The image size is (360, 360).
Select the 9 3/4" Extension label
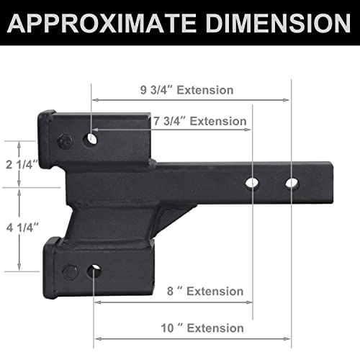[187, 91]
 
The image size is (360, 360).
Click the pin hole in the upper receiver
[91, 139]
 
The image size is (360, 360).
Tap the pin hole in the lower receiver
[94, 271]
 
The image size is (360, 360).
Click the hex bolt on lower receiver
[70, 272]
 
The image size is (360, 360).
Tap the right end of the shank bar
[333, 184]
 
